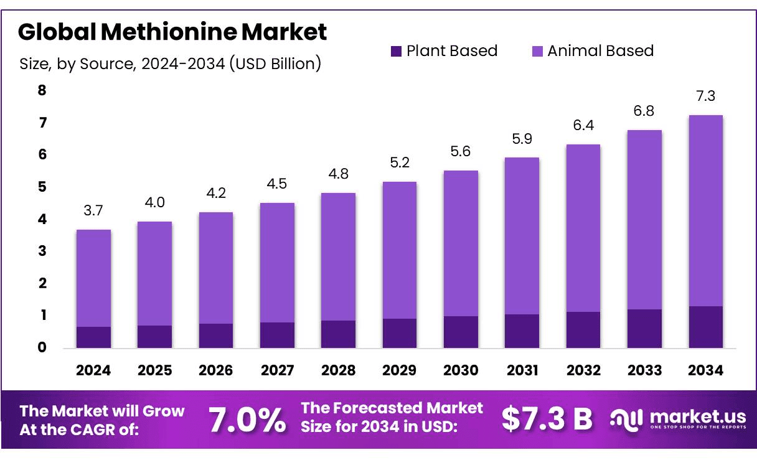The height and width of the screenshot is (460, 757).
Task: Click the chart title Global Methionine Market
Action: pyautogui.click(x=172, y=32)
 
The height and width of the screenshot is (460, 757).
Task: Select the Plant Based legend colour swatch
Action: pyautogui.click(x=397, y=51)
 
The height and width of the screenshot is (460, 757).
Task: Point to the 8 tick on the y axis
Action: pyautogui.click(x=42, y=90)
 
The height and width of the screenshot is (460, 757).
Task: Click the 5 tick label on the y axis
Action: pyautogui.click(x=42, y=187)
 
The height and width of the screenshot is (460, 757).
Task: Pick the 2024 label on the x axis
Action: pyautogui.click(x=93, y=370)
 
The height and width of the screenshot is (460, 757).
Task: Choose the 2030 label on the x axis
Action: pyautogui.click(x=461, y=370)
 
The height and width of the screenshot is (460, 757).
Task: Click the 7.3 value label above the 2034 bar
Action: pyautogui.click(x=705, y=96)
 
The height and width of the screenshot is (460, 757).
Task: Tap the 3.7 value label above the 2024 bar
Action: pyautogui.click(x=93, y=210)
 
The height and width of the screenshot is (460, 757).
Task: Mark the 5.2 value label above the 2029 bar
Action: pyautogui.click(x=399, y=162)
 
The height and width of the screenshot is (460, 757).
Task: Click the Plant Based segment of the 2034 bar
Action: pyautogui.click(x=705, y=327)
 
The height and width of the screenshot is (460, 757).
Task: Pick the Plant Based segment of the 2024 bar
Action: pyautogui.click(x=93, y=337)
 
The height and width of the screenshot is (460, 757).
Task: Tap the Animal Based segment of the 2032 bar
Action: pyautogui.click(x=583, y=228)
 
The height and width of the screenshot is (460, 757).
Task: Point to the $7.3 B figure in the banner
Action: pyautogui.click(x=547, y=420)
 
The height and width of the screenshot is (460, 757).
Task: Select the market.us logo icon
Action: pyautogui.click(x=626, y=420)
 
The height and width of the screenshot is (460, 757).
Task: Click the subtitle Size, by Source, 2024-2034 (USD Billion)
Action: pyautogui.click(x=170, y=63)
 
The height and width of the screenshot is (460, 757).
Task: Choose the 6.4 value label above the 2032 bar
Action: pyautogui.click(x=583, y=125)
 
